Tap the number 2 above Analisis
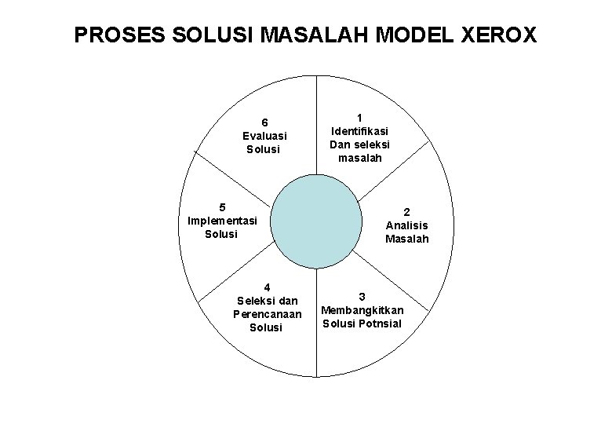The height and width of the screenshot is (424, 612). point(407,211)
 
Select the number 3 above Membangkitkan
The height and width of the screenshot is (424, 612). point(362,296)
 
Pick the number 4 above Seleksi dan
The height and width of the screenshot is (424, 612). point(266,287)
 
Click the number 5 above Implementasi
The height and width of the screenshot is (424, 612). point(222,207)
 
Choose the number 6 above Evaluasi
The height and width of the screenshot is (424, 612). point(265,122)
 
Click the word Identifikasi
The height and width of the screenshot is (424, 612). point(359,131)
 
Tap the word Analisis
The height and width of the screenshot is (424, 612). point(407,225)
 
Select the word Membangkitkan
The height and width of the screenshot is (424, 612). point(362,309)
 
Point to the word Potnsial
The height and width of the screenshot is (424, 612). point(380,323)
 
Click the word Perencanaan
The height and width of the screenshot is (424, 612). point(266,313)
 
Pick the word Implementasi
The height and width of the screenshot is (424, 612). point(222,221)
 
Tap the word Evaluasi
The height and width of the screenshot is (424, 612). point(265,135)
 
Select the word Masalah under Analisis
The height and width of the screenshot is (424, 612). point(407,238)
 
